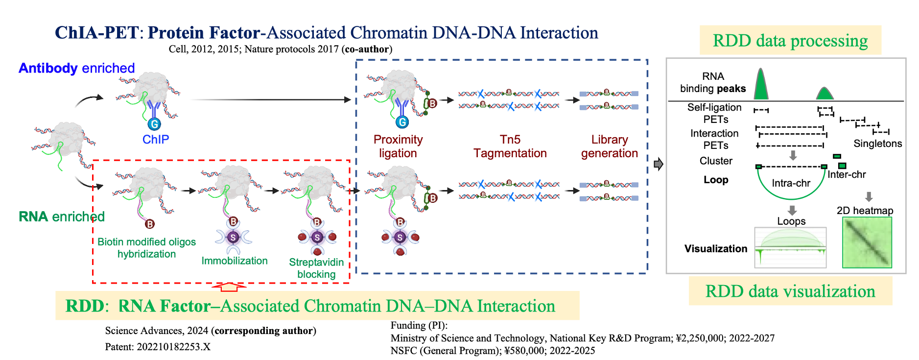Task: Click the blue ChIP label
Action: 156,140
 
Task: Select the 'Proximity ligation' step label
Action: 398,146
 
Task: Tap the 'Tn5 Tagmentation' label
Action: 510,146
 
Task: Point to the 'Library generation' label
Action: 609,146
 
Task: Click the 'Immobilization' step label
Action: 235,261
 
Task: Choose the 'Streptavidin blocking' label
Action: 316,268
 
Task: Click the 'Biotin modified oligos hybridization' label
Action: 146,248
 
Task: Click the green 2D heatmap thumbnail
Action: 867,242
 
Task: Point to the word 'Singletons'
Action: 877,144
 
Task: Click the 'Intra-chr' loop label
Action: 791,183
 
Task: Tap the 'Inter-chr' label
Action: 847,174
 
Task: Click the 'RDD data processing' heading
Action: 790,41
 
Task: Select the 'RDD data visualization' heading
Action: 790,291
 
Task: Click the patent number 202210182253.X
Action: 173,347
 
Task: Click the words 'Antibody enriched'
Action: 76,68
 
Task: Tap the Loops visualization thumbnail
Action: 790,247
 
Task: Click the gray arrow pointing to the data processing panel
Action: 659,164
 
